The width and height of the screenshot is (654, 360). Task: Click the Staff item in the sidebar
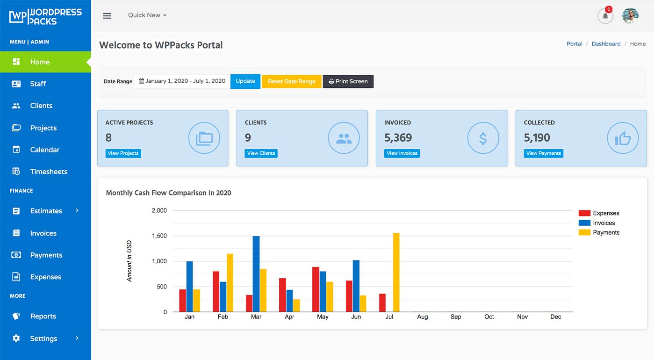(x=37, y=84)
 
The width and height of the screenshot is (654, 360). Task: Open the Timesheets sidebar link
(x=48, y=172)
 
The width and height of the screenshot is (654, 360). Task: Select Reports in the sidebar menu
(x=43, y=317)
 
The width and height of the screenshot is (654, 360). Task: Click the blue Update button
(x=245, y=81)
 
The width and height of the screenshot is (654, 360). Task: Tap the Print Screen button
(x=348, y=81)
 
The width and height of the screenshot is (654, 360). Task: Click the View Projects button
(x=123, y=153)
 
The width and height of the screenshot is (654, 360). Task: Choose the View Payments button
(x=543, y=153)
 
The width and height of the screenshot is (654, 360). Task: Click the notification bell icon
(x=605, y=16)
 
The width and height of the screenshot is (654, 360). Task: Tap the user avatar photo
(x=630, y=16)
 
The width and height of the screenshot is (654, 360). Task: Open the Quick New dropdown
(x=147, y=15)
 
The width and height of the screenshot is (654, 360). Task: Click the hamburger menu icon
(x=107, y=16)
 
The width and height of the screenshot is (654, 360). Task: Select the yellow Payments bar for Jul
(x=396, y=272)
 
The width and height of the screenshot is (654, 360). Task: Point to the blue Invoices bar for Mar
(x=256, y=274)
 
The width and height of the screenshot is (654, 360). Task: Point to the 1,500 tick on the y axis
(x=159, y=236)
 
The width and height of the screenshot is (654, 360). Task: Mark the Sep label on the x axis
(x=456, y=317)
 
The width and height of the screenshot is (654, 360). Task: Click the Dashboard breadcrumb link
(x=606, y=44)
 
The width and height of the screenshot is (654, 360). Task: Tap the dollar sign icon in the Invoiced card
(x=483, y=138)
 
